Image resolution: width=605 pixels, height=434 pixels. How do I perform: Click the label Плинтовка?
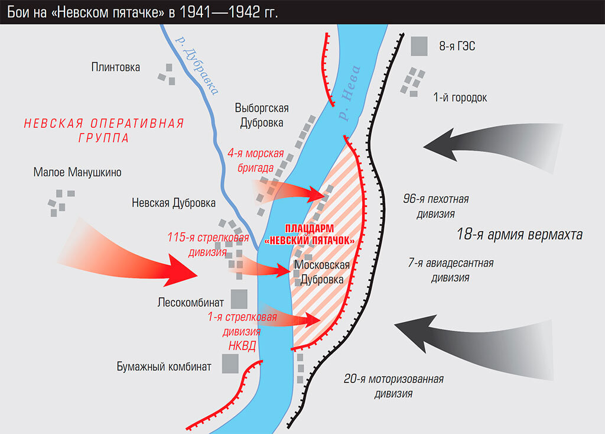116,67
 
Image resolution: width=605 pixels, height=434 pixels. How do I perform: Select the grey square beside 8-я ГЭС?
419,46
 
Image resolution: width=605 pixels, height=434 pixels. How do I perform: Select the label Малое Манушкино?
77,173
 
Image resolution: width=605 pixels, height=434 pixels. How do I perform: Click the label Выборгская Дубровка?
261,115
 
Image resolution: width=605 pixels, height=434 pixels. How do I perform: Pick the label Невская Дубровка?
174,203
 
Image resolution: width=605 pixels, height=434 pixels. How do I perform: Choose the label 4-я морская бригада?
255,161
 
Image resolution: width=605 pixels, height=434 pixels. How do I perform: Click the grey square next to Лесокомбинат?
239,299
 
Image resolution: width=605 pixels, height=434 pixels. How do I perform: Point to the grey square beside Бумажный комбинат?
230,364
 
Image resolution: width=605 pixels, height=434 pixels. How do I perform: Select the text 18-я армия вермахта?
519,235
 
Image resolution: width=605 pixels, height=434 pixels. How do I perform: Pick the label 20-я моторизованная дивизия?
393,386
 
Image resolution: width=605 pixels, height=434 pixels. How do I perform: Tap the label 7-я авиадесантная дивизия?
451,270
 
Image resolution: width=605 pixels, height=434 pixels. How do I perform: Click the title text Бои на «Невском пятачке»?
142,12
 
